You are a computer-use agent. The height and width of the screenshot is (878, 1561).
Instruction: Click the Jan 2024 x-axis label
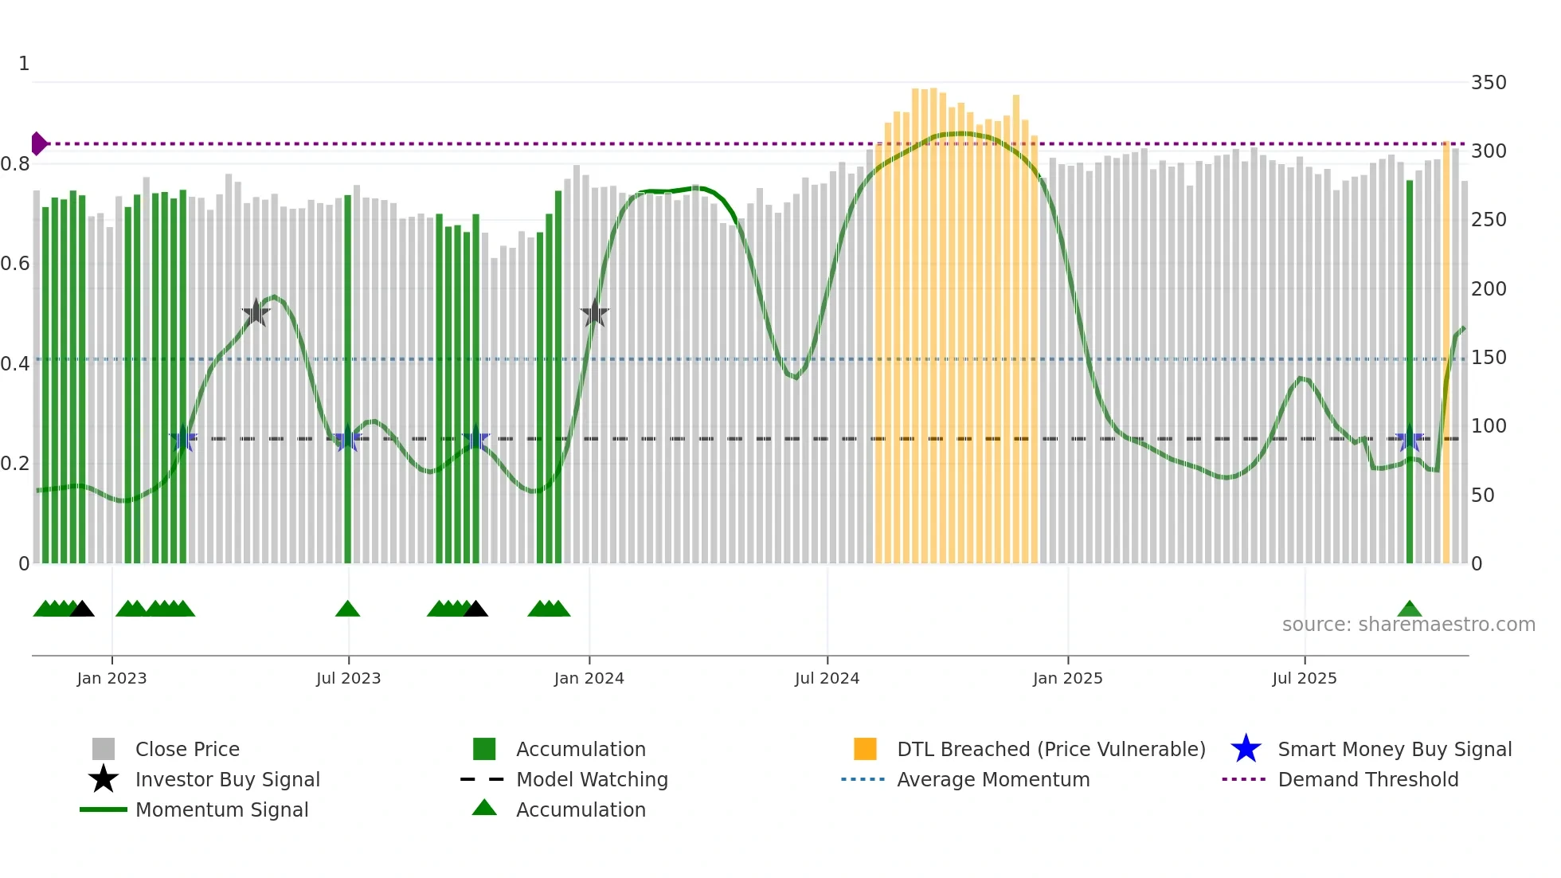pyautogui.click(x=589, y=678)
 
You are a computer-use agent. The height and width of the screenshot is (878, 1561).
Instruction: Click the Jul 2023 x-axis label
pyautogui.click(x=348, y=678)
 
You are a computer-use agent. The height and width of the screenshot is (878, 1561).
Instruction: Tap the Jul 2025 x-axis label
pyautogui.click(x=1304, y=678)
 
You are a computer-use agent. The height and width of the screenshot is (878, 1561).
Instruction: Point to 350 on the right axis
pyautogui.click(x=1488, y=83)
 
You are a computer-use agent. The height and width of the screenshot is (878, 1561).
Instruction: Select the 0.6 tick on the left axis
pyautogui.click(x=15, y=264)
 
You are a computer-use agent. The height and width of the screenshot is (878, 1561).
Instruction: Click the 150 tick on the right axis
pyautogui.click(x=1488, y=358)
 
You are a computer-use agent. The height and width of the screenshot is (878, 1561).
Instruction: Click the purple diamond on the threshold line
pyautogui.click(x=38, y=143)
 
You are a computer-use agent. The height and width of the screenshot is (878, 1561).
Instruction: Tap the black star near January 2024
pyautogui.click(x=594, y=314)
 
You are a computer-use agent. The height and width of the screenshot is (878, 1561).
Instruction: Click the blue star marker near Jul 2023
pyautogui.click(x=347, y=439)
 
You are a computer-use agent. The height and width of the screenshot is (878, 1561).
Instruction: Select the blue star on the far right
pyautogui.click(x=1409, y=439)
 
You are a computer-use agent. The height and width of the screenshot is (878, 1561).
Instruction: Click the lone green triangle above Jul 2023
pyautogui.click(x=347, y=610)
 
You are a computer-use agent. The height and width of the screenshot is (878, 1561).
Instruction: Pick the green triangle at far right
pyautogui.click(x=1409, y=610)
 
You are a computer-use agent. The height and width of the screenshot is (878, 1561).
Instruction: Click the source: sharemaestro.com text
pyautogui.click(x=1408, y=625)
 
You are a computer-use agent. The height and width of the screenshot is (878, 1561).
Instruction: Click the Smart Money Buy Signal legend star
pyautogui.click(x=1246, y=749)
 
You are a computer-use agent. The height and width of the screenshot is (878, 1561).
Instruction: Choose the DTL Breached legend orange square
pyautogui.click(x=865, y=749)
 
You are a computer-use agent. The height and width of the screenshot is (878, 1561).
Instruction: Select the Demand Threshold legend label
pyautogui.click(x=1367, y=779)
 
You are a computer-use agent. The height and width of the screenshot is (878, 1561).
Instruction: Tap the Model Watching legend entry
pyautogui.click(x=591, y=779)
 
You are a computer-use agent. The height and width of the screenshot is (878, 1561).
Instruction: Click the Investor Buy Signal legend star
pyautogui.click(x=104, y=779)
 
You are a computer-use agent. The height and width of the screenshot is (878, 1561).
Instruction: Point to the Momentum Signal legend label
pyautogui.click(x=221, y=809)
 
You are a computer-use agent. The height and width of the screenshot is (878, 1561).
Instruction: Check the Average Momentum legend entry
pyautogui.click(x=992, y=779)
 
